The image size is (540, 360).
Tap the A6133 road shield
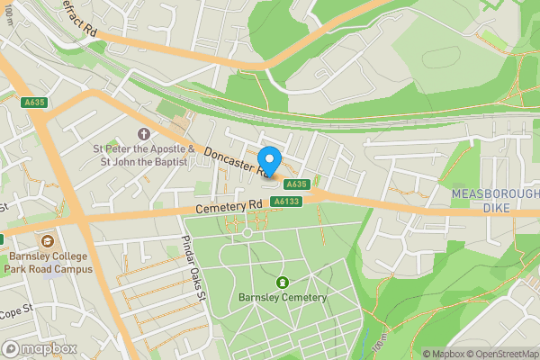click(x=287, y=201)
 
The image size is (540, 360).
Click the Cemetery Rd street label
click(x=229, y=206)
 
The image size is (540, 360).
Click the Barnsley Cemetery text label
click(x=283, y=298)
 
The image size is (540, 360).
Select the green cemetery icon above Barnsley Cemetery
click(x=283, y=283)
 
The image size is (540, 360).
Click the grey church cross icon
click(x=143, y=134)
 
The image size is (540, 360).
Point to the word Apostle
click(x=158, y=148)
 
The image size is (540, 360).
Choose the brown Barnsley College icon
click(x=47, y=240)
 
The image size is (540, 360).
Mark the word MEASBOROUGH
click(x=494, y=194)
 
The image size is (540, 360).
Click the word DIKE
click(x=495, y=208)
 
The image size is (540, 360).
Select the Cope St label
click(x=15, y=312)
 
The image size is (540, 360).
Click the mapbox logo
click(x=38, y=348)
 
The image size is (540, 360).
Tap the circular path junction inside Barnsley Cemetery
click(x=248, y=233)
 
